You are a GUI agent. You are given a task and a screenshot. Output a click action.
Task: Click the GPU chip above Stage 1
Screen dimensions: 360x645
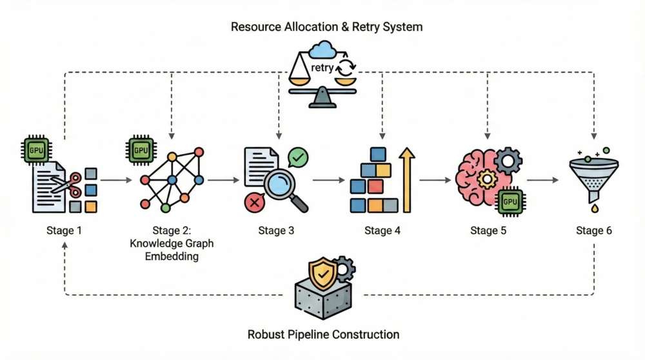coord(35,150)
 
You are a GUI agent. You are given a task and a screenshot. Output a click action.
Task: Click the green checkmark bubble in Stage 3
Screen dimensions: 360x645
coord(298,157)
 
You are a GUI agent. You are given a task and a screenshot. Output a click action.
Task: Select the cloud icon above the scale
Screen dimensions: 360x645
coord(322,51)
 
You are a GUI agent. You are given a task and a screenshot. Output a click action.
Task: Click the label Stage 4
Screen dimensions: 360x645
coord(382,230)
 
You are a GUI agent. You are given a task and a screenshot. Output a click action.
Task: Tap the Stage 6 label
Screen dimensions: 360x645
coord(593,230)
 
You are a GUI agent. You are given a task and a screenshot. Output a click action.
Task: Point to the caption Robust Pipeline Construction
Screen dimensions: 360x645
coord(323,335)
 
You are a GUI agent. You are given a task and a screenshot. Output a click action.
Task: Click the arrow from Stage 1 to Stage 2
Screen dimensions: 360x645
coord(116,181)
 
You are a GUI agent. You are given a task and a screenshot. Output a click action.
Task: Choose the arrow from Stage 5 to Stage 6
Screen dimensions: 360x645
coord(543,181)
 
